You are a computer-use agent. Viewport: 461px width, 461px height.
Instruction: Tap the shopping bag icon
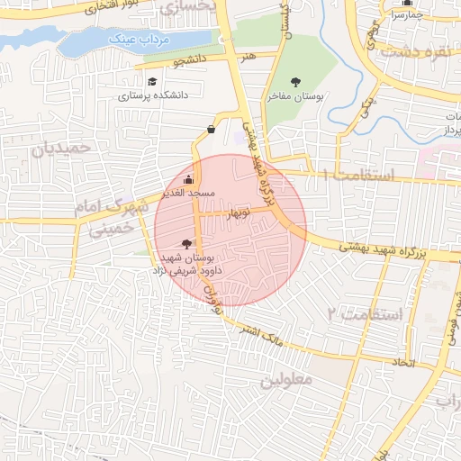pos(211,129)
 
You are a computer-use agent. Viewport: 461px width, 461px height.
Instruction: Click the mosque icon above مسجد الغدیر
pos(188,179)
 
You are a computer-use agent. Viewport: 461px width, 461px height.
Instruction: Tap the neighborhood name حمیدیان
pos(64,150)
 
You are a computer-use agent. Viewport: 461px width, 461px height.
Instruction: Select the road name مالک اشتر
pos(262,335)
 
